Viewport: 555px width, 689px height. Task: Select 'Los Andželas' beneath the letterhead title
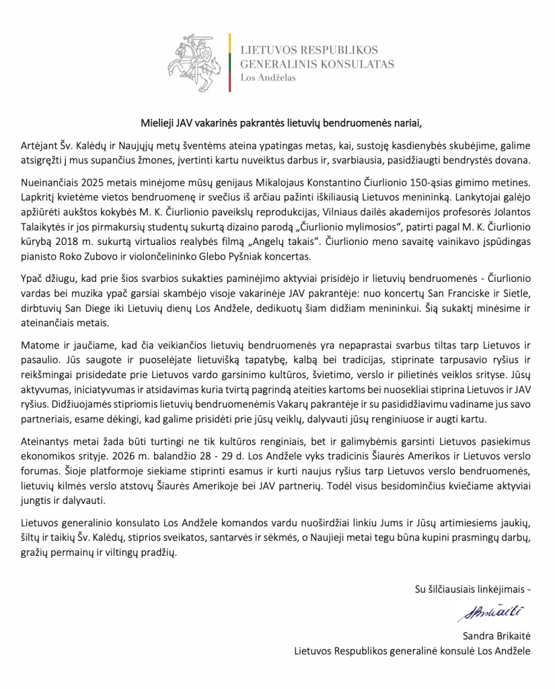click(x=268, y=78)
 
